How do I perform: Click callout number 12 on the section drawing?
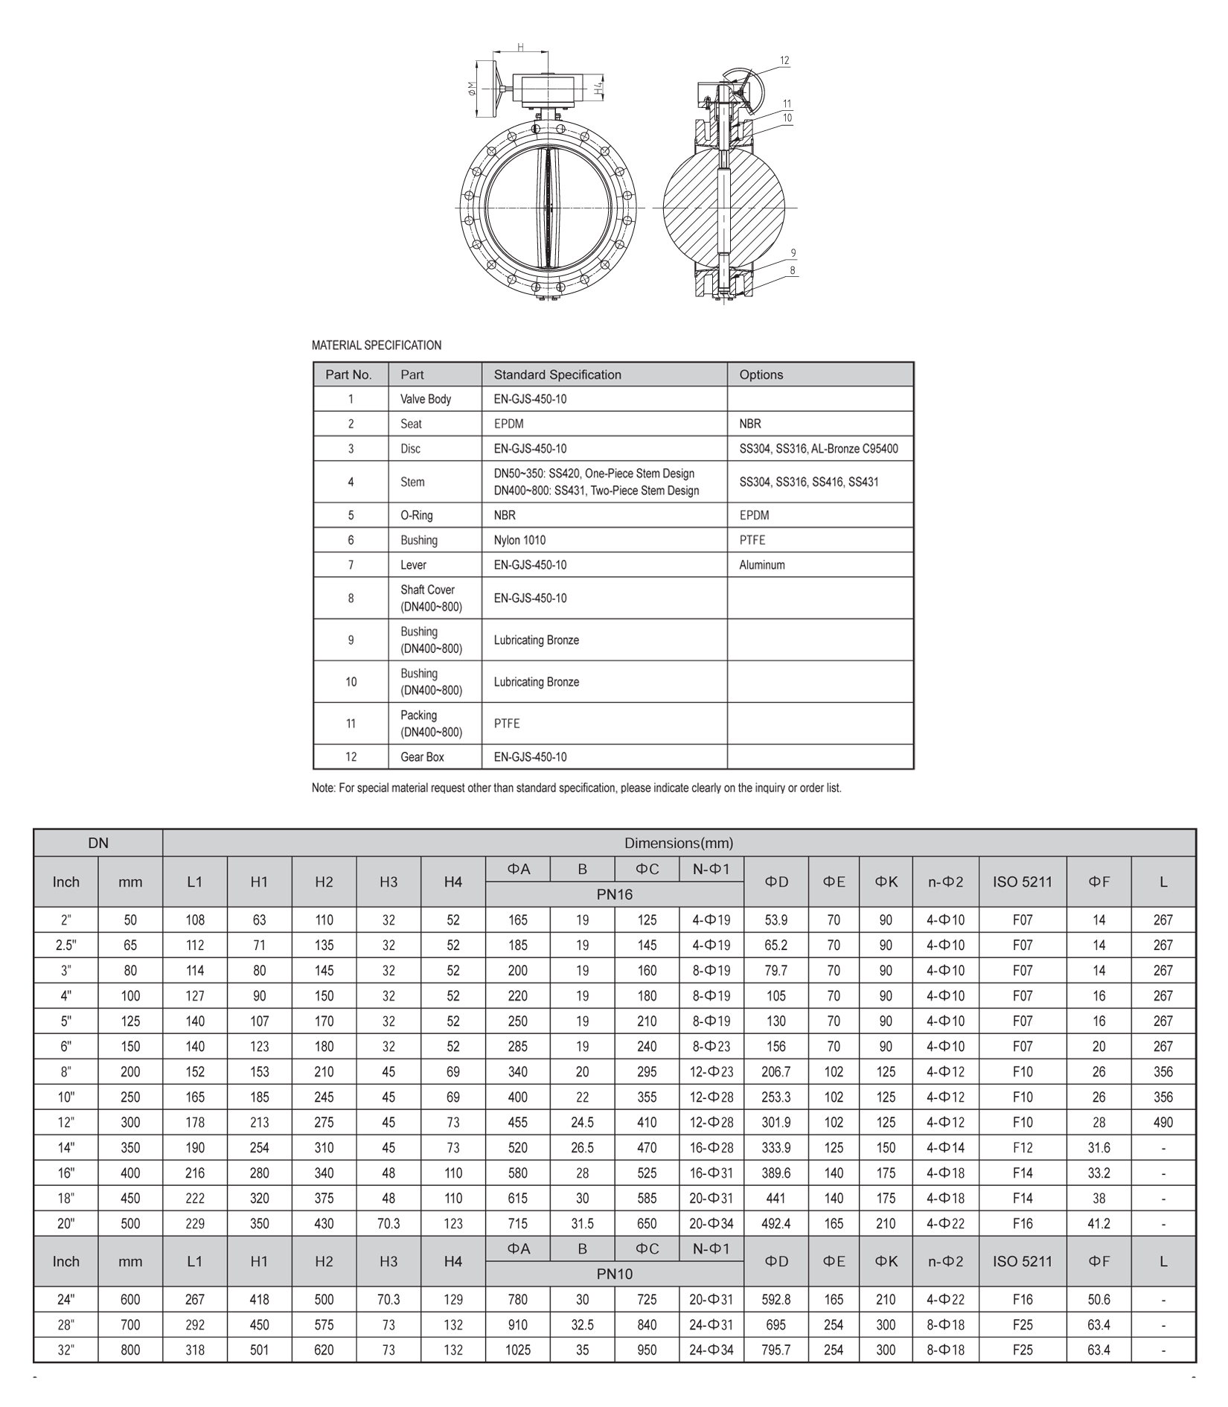tap(784, 60)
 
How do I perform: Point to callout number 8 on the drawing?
tap(793, 271)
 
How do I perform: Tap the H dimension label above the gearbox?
tap(521, 48)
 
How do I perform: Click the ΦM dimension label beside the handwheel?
tap(471, 89)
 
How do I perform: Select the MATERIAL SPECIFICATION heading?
tap(376, 345)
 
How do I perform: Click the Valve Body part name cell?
tap(425, 399)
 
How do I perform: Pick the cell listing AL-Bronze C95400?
tap(818, 449)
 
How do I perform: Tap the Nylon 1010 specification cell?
tap(519, 540)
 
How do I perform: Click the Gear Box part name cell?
tap(422, 757)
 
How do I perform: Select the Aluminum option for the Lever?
tap(761, 565)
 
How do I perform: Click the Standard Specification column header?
tap(557, 374)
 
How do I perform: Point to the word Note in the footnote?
tap(323, 788)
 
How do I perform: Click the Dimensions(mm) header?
tap(678, 843)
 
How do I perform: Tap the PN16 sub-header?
tap(614, 894)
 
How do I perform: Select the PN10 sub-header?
tap(614, 1274)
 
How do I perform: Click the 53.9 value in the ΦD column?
tap(776, 920)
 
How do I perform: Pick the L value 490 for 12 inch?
tap(1163, 1123)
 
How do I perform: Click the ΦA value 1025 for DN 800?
tap(517, 1350)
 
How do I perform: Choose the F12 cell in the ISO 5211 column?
tap(1022, 1148)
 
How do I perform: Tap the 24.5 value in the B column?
tap(582, 1123)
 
